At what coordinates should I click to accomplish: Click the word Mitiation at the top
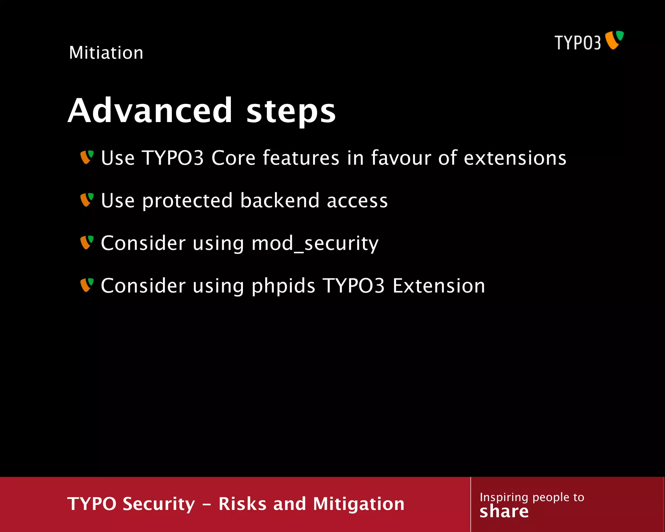106,53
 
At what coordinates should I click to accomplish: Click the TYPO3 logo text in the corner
577,43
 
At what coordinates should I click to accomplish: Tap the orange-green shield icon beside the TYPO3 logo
614,40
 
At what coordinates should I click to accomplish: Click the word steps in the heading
291,111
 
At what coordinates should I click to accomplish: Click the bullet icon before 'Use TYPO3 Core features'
87,157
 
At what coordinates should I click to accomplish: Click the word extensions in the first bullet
515,158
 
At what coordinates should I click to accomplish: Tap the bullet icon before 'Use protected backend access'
87,200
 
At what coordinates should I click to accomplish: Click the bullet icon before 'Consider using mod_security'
87,243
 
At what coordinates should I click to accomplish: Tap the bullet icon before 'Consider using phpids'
87,285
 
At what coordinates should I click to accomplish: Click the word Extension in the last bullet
439,286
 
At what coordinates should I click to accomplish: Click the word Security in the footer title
159,504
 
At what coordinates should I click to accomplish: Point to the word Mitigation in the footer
358,504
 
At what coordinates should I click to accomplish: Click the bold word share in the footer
504,512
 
